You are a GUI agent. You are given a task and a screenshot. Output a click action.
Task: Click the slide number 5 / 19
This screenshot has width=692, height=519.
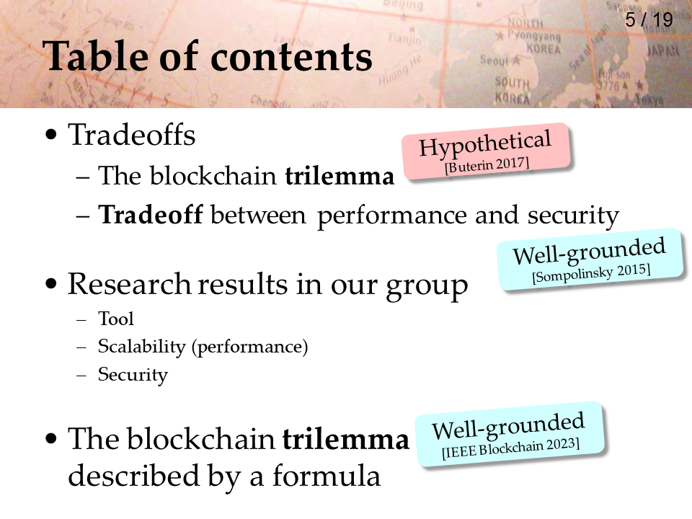tap(649, 20)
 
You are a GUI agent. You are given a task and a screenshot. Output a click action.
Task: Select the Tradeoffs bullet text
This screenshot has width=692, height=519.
tap(131, 135)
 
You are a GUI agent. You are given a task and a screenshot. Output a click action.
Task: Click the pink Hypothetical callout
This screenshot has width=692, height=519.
tap(486, 151)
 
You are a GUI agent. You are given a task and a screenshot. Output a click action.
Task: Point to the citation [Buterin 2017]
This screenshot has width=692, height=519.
tap(487, 165)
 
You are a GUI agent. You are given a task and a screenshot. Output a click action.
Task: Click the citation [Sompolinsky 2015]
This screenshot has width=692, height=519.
tap(591, 272)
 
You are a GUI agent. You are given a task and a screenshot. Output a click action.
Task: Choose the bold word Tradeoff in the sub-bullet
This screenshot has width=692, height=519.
tap(151, 215)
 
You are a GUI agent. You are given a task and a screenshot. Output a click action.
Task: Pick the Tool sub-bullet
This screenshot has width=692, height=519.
tap(115, 319)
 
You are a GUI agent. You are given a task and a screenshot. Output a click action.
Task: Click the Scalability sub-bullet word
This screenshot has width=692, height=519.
tap(142, 347)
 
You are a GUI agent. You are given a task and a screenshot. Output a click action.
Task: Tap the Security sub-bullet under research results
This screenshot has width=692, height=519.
tap(133, 375)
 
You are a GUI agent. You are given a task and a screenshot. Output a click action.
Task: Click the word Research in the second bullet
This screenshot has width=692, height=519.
tap(129, 284)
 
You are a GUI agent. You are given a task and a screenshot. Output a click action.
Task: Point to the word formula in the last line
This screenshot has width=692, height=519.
tap(326, 476)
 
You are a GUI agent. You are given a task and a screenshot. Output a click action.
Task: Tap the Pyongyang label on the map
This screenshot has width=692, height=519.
tap(533, 35)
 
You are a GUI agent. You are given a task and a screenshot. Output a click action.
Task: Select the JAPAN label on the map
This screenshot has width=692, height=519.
tap(663, 51)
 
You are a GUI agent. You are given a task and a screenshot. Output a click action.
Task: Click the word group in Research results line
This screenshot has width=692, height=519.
tap(427, 286)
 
